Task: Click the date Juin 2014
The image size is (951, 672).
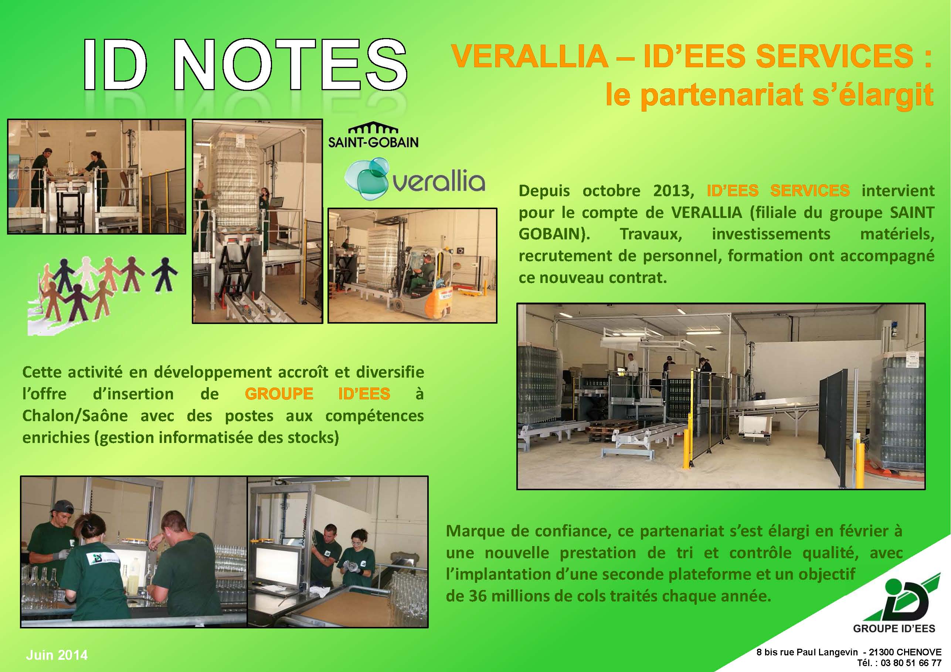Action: click(x=57, y=655)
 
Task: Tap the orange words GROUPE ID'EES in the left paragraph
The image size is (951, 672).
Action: click(x=317, y=393)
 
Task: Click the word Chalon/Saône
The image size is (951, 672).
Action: click(x=75, y=415)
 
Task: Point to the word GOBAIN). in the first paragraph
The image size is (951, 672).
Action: click(x=554, y=234)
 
